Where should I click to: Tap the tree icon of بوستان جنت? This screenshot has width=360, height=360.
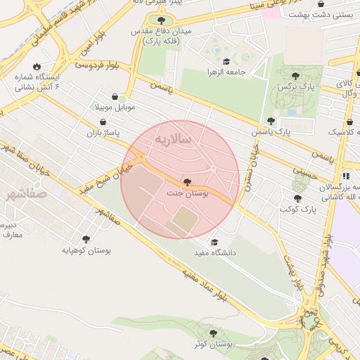point(186,181)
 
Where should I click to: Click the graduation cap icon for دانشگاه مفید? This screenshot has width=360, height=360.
point(214,241)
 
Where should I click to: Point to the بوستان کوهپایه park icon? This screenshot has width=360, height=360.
point(86,239)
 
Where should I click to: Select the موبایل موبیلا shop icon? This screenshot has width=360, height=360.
point(115,96)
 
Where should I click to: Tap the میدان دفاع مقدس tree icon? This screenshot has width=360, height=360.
point(162,20)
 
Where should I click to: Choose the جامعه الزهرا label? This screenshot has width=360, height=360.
point(224,72)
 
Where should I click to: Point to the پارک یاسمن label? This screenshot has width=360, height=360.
point(271,131)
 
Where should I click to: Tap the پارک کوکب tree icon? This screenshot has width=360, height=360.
point(297,199)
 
